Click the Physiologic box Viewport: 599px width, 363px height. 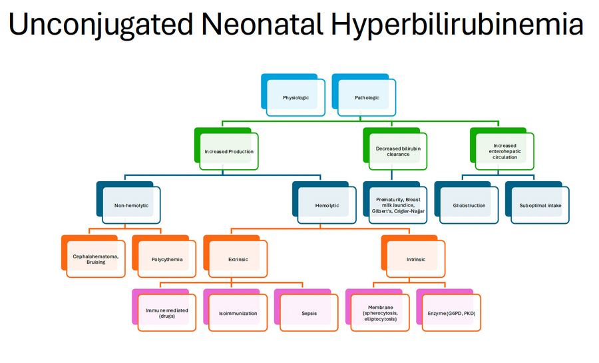click(296, 98)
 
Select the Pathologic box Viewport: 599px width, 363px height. click(367, 98)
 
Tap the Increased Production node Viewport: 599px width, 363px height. click(229, 151)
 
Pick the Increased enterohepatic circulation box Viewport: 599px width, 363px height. click(505, 151)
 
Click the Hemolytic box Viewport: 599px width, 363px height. click(327, 205)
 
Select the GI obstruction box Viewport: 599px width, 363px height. click(469, 205)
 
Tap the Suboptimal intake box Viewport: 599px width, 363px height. click(540, 205)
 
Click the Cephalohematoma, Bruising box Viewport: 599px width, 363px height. click(96, 259)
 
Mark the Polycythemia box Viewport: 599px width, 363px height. click(166, 259)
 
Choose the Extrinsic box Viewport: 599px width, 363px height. click(238, 259)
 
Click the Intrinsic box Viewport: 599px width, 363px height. click(416, 259)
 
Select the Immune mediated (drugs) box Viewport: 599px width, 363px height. click(167, 313)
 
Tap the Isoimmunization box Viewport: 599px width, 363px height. click(238, 313)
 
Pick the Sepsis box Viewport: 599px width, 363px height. click(309, 313)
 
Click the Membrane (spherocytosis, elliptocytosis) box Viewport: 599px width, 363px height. click(380, 313)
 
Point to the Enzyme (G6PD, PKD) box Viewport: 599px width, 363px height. click(451, 313)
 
